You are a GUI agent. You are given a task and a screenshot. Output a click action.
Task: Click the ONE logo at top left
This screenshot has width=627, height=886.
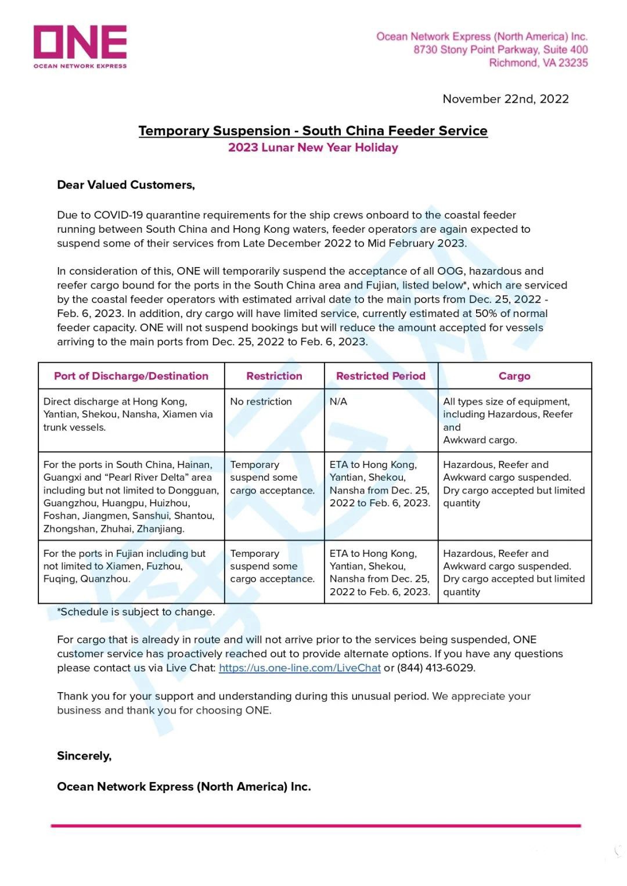tap(80, 46)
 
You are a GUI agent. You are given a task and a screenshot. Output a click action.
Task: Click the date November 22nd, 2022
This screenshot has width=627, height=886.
tap(505, 99)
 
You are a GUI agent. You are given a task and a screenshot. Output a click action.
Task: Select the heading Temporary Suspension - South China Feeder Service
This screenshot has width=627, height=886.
tap(313, 131)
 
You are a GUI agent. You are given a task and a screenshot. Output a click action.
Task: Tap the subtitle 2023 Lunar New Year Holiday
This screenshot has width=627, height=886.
tap(313, 147)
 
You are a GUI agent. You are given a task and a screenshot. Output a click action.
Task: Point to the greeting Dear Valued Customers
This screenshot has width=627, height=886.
tap(126, 185)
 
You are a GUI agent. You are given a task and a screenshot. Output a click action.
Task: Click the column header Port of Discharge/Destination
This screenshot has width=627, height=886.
tap(131, 376)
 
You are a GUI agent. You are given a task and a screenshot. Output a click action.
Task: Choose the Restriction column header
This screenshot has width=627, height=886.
tap(274, 376)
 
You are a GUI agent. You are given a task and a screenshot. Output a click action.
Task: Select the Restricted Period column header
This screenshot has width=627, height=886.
tap(381, 376)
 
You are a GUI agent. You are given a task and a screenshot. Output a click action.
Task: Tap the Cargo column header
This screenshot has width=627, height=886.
tap(514, 376)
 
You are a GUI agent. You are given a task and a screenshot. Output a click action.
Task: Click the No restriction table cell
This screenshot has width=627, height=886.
tap(261, 402)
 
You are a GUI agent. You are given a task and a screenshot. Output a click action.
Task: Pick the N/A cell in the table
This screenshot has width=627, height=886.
tap(338, 402)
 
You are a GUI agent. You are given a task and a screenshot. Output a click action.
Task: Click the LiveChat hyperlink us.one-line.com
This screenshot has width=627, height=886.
tap(300, 668)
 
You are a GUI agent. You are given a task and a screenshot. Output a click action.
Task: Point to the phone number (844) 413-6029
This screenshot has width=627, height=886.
tap(435, 668)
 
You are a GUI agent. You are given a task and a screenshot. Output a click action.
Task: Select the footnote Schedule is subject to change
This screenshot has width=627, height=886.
tap(136, 612)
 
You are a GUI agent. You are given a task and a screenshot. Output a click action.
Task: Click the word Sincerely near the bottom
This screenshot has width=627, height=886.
tap(84, 756)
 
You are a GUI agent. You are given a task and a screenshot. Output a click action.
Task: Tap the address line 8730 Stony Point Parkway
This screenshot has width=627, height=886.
tap(500, 50)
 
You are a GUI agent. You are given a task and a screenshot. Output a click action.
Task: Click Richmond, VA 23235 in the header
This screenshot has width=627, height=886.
tap(538, 63)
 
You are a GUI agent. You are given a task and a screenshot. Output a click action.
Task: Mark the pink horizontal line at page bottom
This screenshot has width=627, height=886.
tap(315, 826)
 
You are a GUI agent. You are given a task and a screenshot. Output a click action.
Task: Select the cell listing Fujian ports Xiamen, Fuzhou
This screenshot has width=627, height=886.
tap(124, 566)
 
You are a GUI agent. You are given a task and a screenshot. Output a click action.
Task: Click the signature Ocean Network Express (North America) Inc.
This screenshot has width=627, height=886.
tap(183, 787)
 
